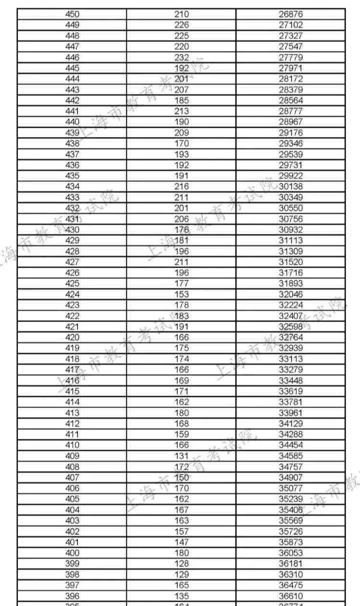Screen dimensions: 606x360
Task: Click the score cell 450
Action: pos(72,14)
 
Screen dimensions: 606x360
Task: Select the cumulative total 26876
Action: pos(291,14)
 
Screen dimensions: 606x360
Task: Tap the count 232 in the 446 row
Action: pos(182,57)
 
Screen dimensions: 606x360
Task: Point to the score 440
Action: pos(72,122)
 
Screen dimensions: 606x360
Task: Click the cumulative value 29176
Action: pos(291,132)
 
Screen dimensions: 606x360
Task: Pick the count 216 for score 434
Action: pos(182,186)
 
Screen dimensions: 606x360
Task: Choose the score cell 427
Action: pos(72,262)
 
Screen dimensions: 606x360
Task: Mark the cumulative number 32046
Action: pos(291,294)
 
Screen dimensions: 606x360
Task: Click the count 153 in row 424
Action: pos(182,294)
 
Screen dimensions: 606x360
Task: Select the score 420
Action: pos(72,337)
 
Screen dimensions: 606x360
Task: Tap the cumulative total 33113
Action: pos(291,359)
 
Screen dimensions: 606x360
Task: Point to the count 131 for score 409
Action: pos(182,456)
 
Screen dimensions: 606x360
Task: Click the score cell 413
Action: pos(72,412)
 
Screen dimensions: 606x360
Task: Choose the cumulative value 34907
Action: pos(291,477)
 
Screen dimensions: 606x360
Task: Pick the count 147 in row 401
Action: pos(182,542)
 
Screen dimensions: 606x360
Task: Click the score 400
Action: pos(72,553)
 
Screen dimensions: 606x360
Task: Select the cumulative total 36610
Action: pos(291,596)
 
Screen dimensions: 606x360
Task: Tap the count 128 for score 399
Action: pos(182,563)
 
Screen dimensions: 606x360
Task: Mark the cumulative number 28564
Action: pos(291,100)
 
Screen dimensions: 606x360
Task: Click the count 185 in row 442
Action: pos(182,100)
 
